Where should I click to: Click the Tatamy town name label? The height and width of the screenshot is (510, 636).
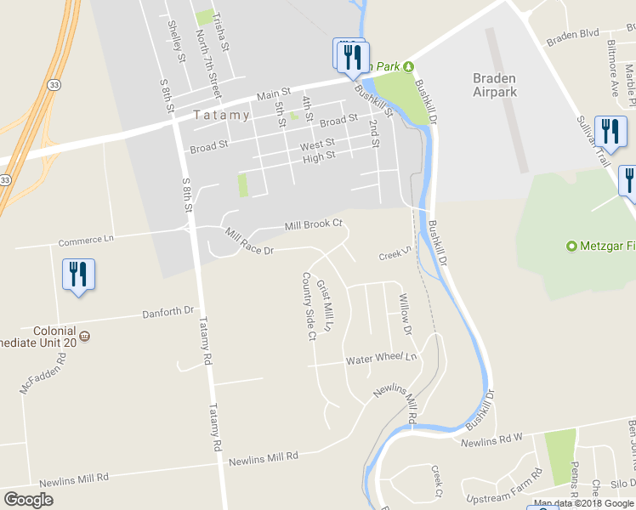tap(221, 115)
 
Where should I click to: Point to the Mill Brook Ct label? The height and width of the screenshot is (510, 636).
tap(313, 224)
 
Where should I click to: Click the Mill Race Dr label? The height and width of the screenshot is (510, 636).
tap(249, 241)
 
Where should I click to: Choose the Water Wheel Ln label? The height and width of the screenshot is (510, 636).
tap(383, 359)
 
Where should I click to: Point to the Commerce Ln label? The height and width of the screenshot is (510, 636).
tap(86, 240)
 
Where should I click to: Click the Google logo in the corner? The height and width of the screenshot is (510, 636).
tap(28, 500)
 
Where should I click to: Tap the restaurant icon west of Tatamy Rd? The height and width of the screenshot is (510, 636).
tap(78, 274)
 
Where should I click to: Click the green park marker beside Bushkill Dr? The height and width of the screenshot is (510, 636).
tap(408, 67)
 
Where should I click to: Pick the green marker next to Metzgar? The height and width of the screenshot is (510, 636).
tap(572, 246)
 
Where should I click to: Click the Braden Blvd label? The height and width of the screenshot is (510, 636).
tap(573, 37)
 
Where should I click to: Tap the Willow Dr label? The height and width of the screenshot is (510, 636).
tap(405, 314)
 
